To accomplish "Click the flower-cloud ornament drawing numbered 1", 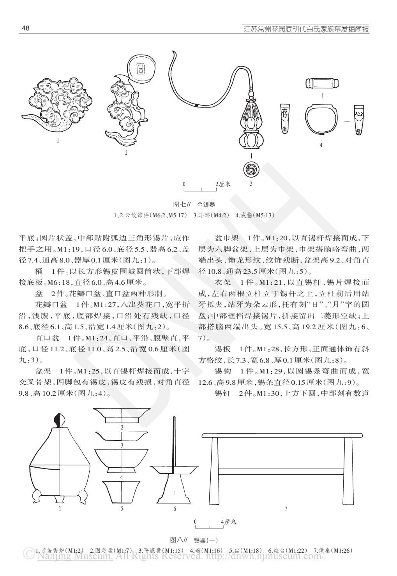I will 58,103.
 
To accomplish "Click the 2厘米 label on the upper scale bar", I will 223,184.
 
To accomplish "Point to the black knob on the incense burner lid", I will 60,421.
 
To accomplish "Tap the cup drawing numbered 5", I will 122,491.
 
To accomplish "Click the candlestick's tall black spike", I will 173,440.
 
